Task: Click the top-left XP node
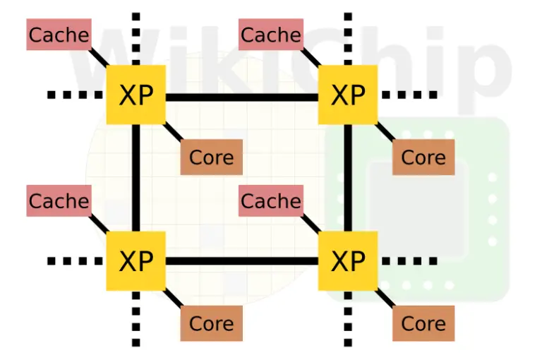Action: point(135,95)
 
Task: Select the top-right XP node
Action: point(348,95)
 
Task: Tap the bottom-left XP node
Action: point(135,260)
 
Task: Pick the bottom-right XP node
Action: point(348,260)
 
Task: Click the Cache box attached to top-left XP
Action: point(59,35)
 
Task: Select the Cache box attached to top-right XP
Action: point(271,35)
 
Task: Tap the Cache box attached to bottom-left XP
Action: point(59,201)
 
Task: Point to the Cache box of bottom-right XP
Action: point(271,201)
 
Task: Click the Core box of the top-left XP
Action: point(212,157)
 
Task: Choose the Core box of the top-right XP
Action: point(423,157)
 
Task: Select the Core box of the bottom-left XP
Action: point(212,323)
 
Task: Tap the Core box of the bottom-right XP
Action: point(423,323)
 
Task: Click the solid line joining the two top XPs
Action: point(241,96)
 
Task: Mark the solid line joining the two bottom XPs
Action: point(241,261)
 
